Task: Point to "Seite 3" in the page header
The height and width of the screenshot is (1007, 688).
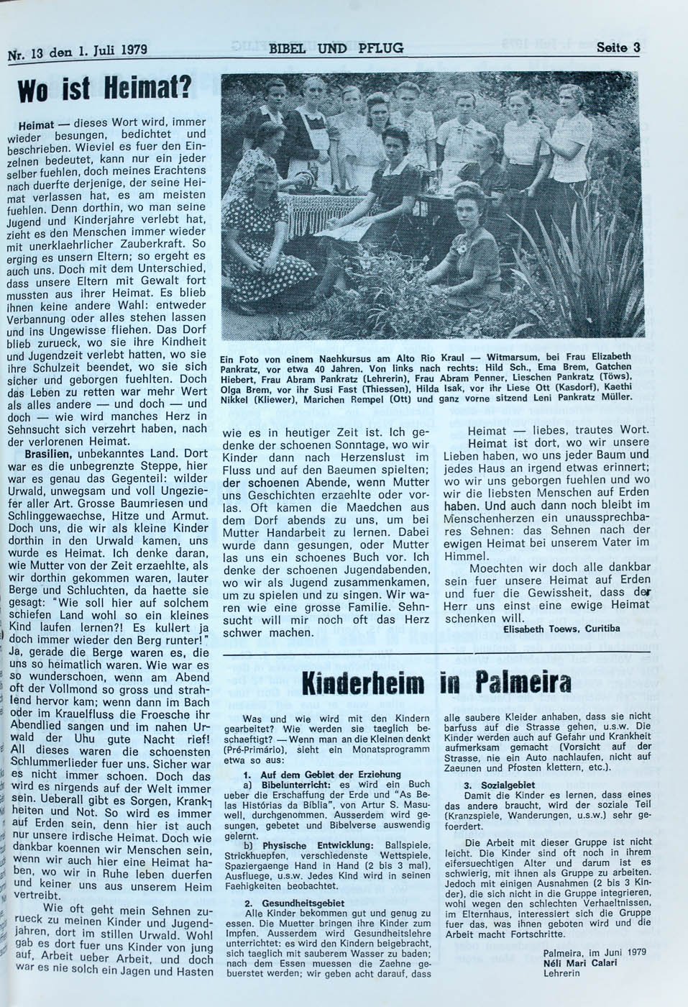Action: (618, 48)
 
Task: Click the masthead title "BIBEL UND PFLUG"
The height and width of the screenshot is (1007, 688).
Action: (336, 48)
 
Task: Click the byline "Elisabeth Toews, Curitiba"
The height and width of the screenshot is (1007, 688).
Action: (562, 628)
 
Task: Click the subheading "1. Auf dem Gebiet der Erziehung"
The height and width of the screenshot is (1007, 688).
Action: (321, 774)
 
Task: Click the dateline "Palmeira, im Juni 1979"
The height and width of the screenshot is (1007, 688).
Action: (595, 952)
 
